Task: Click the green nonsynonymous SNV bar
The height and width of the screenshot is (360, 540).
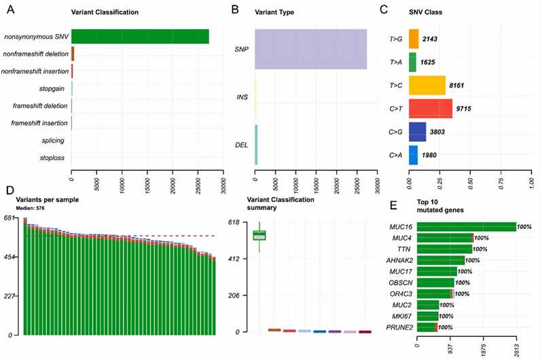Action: [139, 37]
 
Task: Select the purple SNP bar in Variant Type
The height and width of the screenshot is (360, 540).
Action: [310, 49]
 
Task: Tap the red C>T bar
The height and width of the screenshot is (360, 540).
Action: [431, 109]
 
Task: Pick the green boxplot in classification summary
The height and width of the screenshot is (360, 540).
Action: [259, 235]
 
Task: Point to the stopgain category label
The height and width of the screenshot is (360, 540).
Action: [52, 88]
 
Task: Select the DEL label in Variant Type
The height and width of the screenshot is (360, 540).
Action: [241, 144]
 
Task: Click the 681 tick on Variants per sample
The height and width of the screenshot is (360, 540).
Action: [10, 218]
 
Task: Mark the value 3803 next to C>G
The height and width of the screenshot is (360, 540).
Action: [439, 132]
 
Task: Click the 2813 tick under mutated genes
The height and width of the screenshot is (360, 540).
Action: [518, 348]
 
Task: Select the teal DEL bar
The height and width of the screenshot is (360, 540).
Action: [256, 144]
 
